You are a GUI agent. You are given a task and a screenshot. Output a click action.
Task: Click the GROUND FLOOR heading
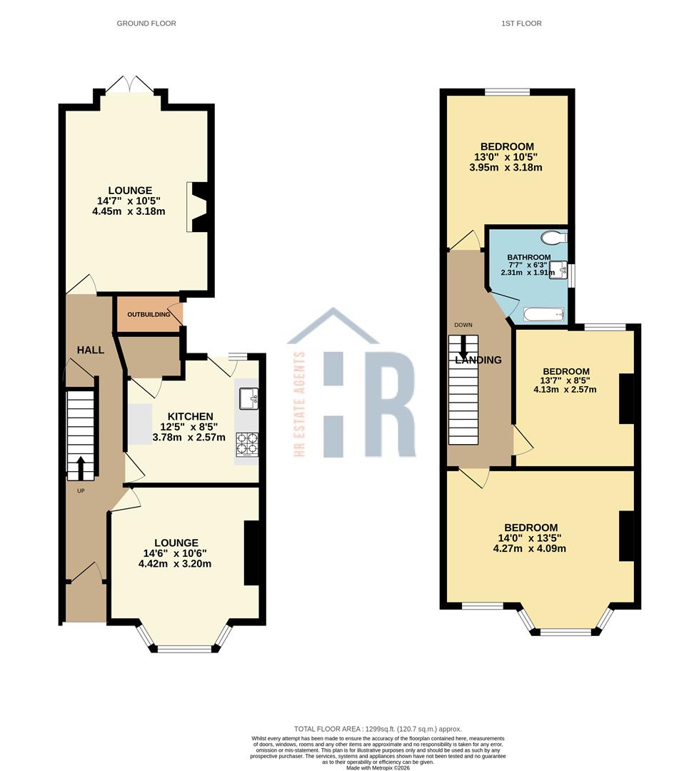pos(146,24)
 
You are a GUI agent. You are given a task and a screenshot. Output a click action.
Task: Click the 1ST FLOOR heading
pos(521,24)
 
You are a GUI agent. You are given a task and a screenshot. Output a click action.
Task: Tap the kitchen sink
pos(249,398)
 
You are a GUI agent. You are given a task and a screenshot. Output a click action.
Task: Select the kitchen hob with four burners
pos(247,444)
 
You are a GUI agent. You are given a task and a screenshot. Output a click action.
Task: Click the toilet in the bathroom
pos(552,238)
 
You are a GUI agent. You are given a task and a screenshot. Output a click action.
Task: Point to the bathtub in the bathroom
pos(544,315)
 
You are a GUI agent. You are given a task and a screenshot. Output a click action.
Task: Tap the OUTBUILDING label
pos(149,315)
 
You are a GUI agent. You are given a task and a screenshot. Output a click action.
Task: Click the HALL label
pos(91,350)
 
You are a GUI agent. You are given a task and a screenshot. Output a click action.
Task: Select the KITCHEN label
pos(190,417)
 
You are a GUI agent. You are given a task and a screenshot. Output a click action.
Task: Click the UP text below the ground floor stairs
pos(81,490)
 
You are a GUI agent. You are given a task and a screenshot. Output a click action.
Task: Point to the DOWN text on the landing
pos(463,326)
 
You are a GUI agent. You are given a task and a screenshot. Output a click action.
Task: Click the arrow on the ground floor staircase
pos(79,468)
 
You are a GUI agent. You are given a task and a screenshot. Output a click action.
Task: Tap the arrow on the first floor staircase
pos(463,348)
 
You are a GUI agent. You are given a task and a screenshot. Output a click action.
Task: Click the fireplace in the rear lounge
pos(198,207)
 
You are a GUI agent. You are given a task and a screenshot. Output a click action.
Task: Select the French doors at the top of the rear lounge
pos(130,84)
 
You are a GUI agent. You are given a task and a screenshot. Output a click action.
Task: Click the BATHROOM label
pos(529,258)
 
